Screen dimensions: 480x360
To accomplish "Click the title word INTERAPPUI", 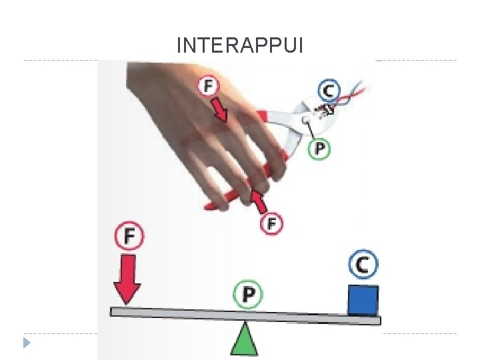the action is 240,45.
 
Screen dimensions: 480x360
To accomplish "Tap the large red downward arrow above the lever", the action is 127,277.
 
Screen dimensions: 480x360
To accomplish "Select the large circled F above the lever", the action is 130,235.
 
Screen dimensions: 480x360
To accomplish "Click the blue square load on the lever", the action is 363,300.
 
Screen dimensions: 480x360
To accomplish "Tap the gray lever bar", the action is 200,313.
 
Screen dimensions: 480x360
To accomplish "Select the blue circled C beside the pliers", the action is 329,91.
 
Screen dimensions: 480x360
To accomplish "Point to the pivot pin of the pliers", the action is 305,121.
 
